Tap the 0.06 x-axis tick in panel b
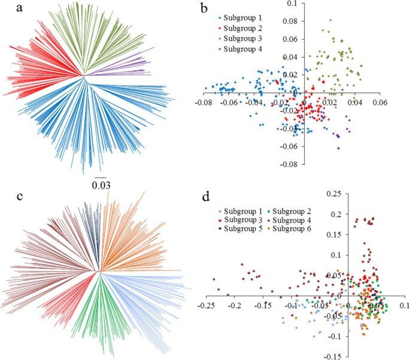click(x=378, y=102)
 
